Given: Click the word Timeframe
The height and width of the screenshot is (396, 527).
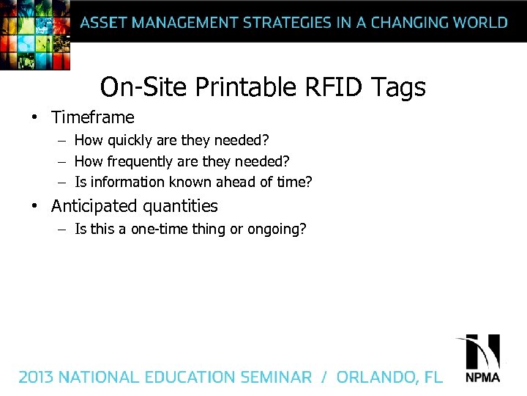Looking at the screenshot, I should [93, 117].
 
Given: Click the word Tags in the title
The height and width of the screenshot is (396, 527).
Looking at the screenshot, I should [398, 87].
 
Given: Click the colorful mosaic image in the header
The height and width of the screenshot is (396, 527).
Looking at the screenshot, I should [34, 33].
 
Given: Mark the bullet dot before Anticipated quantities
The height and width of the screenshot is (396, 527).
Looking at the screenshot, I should [34, 207].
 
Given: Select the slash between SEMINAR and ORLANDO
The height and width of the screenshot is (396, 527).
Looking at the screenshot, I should [324, 378].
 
